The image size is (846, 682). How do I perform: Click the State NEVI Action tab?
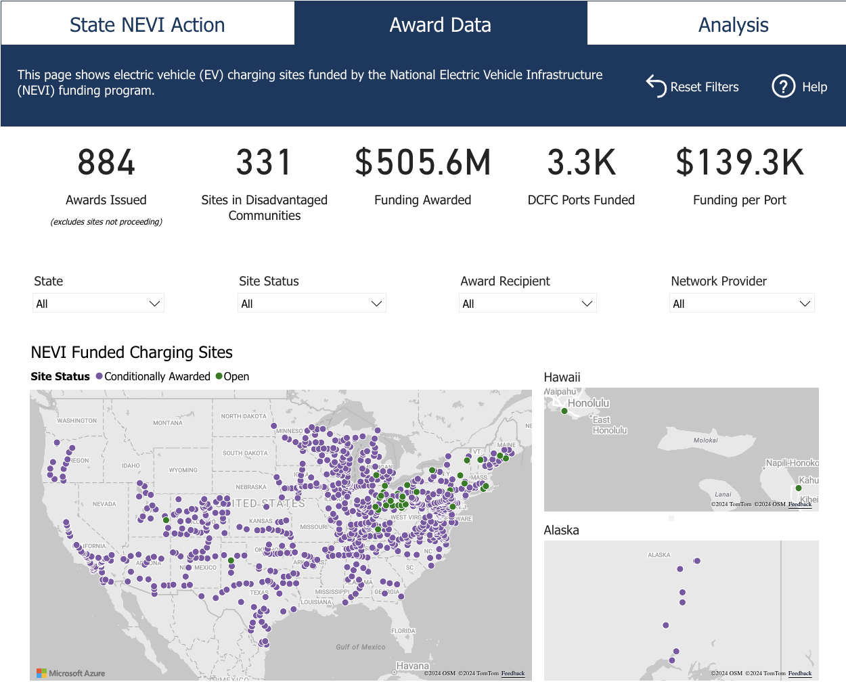(147, 25)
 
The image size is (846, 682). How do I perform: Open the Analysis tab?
(733, 25)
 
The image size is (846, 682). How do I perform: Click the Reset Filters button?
(692, 87)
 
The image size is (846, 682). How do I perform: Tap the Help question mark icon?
(783, 87)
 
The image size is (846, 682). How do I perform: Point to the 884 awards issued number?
(106, 163)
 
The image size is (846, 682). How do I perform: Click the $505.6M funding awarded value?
(423, 163)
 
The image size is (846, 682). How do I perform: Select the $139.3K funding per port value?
(740, 163)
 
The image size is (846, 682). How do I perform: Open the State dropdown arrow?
(154, 304)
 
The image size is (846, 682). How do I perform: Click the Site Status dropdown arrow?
(376, 304)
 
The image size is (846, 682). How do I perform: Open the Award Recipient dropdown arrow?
(587, 304)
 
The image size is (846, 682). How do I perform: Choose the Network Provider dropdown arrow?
(805, 304)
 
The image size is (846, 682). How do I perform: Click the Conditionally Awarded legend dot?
(99, 376)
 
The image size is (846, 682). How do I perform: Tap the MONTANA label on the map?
(168, 423)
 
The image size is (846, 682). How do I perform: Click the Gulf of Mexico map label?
(361, 647)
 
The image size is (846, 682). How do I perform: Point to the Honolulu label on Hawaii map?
(588, 403)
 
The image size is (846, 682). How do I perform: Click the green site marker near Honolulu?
(564, 411)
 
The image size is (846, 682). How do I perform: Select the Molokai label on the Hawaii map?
(705, 440)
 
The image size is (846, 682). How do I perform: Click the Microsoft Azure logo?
(70, 673)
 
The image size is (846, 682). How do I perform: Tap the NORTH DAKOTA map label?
(244, 416)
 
